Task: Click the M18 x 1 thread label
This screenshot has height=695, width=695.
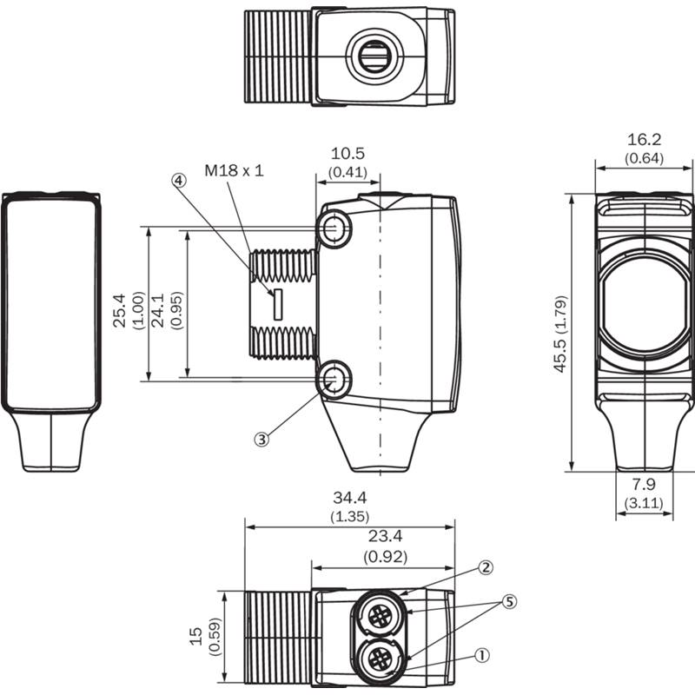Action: [x=234, y=170]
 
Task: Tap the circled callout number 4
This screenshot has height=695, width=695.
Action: [x=179, y=181]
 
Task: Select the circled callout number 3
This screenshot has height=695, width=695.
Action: [x=261, y=440]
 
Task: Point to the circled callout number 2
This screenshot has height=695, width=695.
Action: [x=486, y=567]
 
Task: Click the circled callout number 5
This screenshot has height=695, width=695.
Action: [x=509, y=601]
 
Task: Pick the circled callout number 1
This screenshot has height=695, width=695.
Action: [x=482, y=655]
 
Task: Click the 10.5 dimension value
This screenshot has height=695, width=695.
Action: [x=348, y=154]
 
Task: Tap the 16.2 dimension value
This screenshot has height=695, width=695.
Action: [x=644, y=140]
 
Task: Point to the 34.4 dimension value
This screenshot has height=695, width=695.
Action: [x=350, y=498]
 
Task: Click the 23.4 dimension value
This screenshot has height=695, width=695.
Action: [x=385, y=536]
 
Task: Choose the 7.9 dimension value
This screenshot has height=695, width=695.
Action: [x=644, y=484]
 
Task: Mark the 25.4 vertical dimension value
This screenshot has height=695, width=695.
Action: [x=120, y=310]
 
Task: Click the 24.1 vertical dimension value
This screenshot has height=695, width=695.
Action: [x=158, y=310]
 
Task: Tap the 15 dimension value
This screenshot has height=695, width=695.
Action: [x=196, y=637]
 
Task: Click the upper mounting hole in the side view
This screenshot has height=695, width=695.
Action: [x=334, y=228]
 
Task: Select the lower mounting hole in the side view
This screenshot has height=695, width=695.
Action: [x=334, y=380]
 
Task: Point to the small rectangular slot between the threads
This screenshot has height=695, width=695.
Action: [x=278, y=304]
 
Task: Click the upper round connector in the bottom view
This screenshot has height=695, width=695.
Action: [x=380, y=615]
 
